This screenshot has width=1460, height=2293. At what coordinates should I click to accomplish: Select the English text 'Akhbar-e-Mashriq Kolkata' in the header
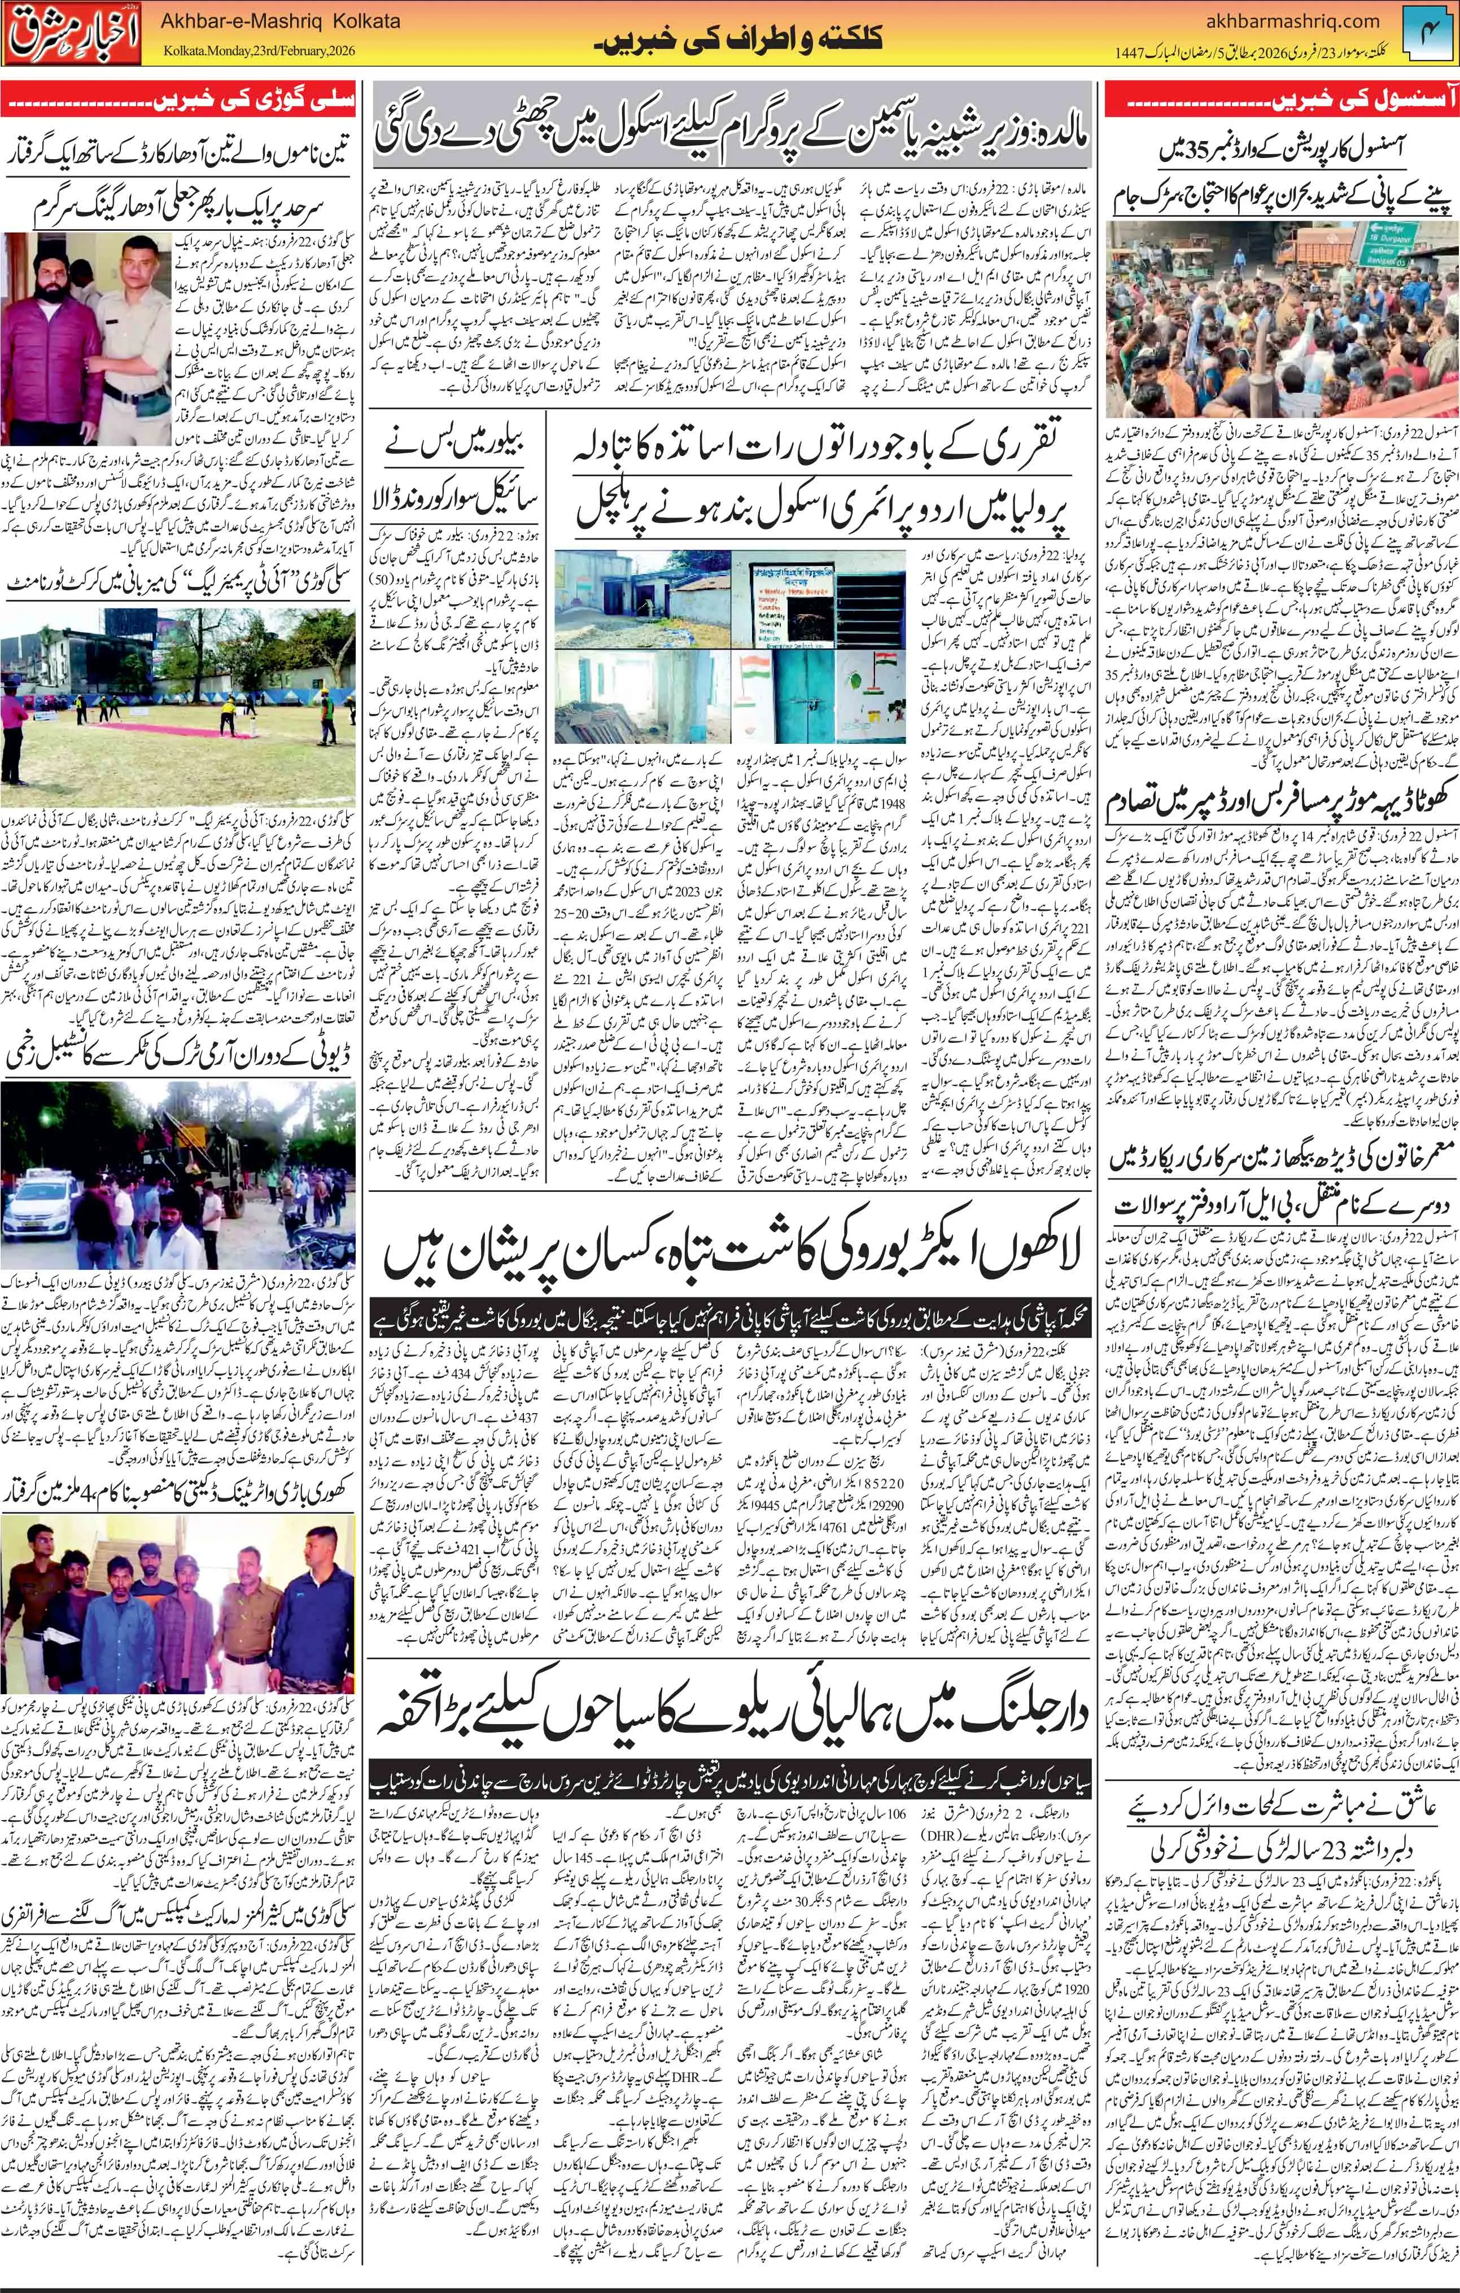[x=282, y=21]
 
